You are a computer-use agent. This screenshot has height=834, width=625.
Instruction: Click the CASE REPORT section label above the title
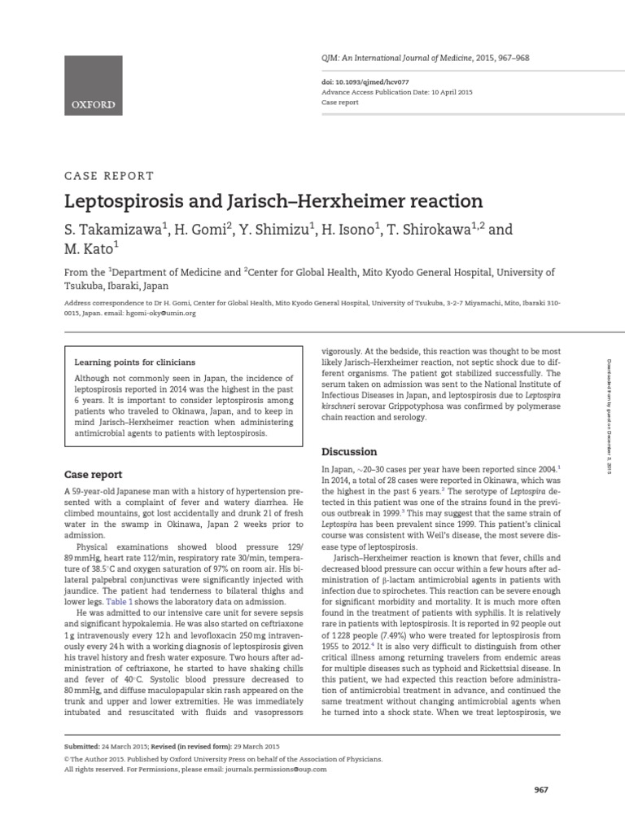point(108,175)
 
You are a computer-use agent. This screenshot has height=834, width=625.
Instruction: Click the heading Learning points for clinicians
point(134,362)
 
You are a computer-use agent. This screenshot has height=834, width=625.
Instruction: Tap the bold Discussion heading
point(349,451)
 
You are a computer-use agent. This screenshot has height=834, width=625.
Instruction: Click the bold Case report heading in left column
point(93,474)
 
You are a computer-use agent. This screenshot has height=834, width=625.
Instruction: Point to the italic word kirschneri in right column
point(342,404)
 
